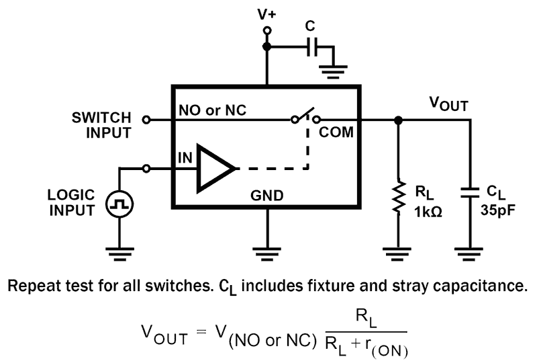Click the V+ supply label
[266, 13]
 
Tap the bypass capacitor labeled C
[313, 47]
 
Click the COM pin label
[336, 132]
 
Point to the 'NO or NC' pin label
[214, 110]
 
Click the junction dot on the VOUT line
[398, 120]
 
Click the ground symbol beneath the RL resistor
[398, 253]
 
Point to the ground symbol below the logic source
[119, 253]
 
